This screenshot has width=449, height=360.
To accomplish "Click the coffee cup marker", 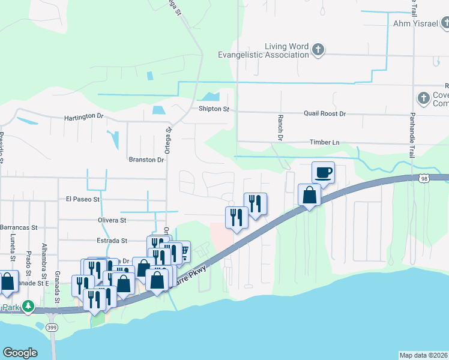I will tap(323, 173).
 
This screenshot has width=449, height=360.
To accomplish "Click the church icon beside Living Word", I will tap(319, 50).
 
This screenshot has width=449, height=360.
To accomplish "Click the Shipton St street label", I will tap(214, 109).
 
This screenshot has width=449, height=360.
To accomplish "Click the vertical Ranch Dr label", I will tap(280, 128).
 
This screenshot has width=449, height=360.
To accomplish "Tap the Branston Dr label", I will tap(146, 160).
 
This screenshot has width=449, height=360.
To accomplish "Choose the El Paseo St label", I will tap(83, 198).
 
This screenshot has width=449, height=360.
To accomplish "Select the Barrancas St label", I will tap(19, 228).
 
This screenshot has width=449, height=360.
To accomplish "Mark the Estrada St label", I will tap(111, 241).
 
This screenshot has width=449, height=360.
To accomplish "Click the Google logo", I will tap(20, 353).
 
